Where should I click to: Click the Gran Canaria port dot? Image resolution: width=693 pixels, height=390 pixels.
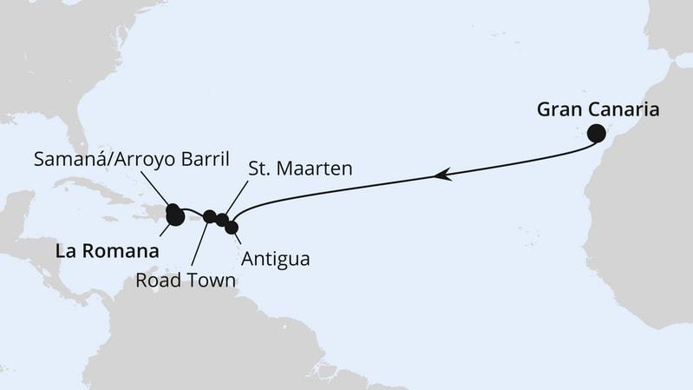point(596,133)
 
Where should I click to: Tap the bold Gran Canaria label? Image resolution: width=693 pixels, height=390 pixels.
point(598,109)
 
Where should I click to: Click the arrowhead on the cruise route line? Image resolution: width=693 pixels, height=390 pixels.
point(443,175)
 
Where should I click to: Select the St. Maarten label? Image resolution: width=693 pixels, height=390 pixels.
point(300,169)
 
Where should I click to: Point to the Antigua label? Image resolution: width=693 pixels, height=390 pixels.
point(276,259)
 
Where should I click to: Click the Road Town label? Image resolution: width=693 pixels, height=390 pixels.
point(185,281)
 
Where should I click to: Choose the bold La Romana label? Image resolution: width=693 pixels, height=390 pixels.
point(107,251)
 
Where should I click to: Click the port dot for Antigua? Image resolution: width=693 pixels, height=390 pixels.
point(232,227)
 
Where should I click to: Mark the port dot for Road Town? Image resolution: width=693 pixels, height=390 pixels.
point(209,215)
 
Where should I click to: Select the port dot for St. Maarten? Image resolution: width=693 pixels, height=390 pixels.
point(222,220)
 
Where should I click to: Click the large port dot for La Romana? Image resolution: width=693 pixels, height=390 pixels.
point(175,218)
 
